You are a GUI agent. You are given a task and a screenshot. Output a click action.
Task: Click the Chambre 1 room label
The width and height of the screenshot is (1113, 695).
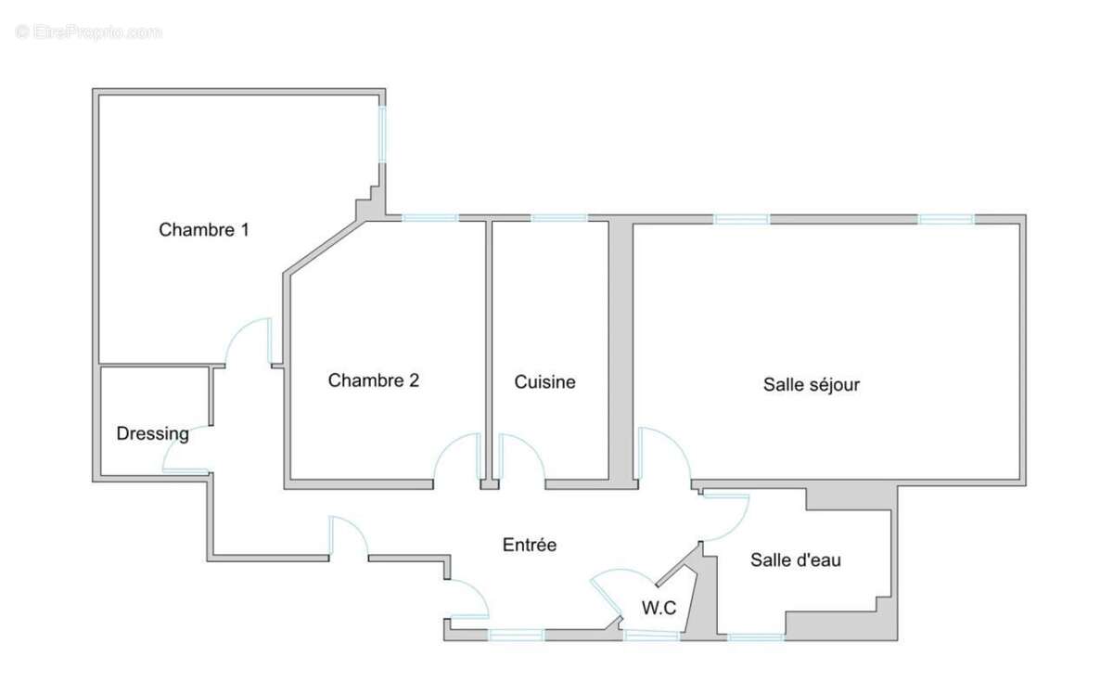click(203, 229)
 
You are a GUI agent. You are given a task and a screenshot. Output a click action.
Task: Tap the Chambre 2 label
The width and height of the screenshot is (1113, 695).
click(373, 380)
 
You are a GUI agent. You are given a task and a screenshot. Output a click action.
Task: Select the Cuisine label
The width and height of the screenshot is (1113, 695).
click(545, 381)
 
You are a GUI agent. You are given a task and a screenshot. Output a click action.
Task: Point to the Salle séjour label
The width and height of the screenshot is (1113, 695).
click(812, 384)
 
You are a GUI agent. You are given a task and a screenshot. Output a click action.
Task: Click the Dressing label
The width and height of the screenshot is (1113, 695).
click(152, 433)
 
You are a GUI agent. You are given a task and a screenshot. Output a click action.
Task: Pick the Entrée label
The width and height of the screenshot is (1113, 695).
click(529, 545)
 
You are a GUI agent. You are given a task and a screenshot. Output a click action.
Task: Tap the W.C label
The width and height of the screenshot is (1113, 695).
click(659, 608)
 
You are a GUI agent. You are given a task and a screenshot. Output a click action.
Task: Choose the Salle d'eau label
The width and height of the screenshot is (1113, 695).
click(796, 560)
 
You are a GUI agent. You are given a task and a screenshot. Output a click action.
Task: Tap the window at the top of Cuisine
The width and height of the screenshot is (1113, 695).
click(558, 218)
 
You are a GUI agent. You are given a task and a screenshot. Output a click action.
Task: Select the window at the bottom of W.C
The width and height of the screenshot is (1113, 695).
click(651, 636)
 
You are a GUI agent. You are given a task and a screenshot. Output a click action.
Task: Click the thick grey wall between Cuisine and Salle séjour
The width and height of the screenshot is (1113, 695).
click(620, 353)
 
